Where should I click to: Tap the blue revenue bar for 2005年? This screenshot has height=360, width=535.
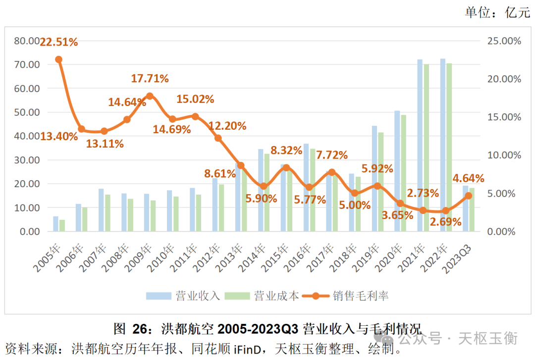coord(56,224)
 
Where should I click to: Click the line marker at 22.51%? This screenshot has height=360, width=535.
coord(58,59)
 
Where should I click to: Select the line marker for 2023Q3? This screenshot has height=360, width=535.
coord(469,196)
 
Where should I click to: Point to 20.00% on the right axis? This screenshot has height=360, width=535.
coord(505,79)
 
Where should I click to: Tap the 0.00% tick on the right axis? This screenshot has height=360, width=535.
coord(507,231)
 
